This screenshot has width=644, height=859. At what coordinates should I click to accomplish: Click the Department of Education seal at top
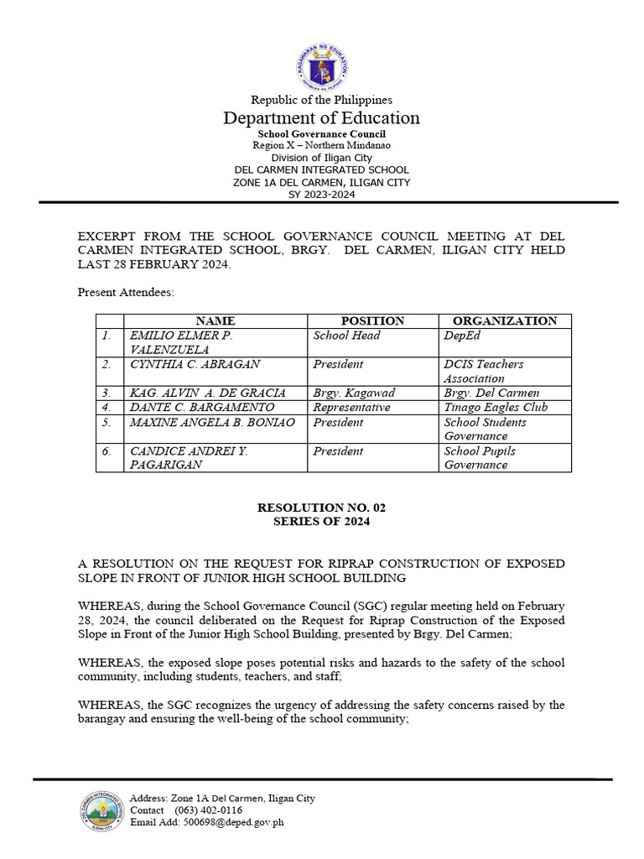[x=322, y=66]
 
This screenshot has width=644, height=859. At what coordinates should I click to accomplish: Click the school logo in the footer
[x=100, y=810]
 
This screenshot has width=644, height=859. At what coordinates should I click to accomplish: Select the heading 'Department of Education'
[x=321, y=118]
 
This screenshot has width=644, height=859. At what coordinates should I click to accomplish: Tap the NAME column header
[x=215, y=320]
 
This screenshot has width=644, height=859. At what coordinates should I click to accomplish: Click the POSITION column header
[x=372, y=320]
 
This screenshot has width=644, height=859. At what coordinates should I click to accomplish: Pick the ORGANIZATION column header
[x=504, y=320]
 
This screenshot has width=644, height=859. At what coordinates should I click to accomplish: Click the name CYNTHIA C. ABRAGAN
[x=195, y=364]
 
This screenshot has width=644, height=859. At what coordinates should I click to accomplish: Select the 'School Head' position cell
[x=346, y=336]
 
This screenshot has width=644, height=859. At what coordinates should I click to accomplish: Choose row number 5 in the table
[x=106, y=423]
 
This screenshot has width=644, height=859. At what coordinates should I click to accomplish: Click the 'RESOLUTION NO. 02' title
[x=321, y=508]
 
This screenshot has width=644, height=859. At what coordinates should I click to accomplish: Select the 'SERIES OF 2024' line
[x=321, y=521]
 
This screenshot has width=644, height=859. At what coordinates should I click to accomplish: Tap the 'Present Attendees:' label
[x=127, y=292]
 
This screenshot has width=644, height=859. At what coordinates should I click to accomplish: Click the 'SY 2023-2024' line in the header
[x=321, y=194]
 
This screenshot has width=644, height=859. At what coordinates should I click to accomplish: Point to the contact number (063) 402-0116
[x=208, y=810]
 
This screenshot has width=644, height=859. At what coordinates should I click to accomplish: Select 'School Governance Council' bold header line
[x=321, y=133]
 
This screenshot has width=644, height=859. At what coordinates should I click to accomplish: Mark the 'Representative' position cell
[x=351, y=408]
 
